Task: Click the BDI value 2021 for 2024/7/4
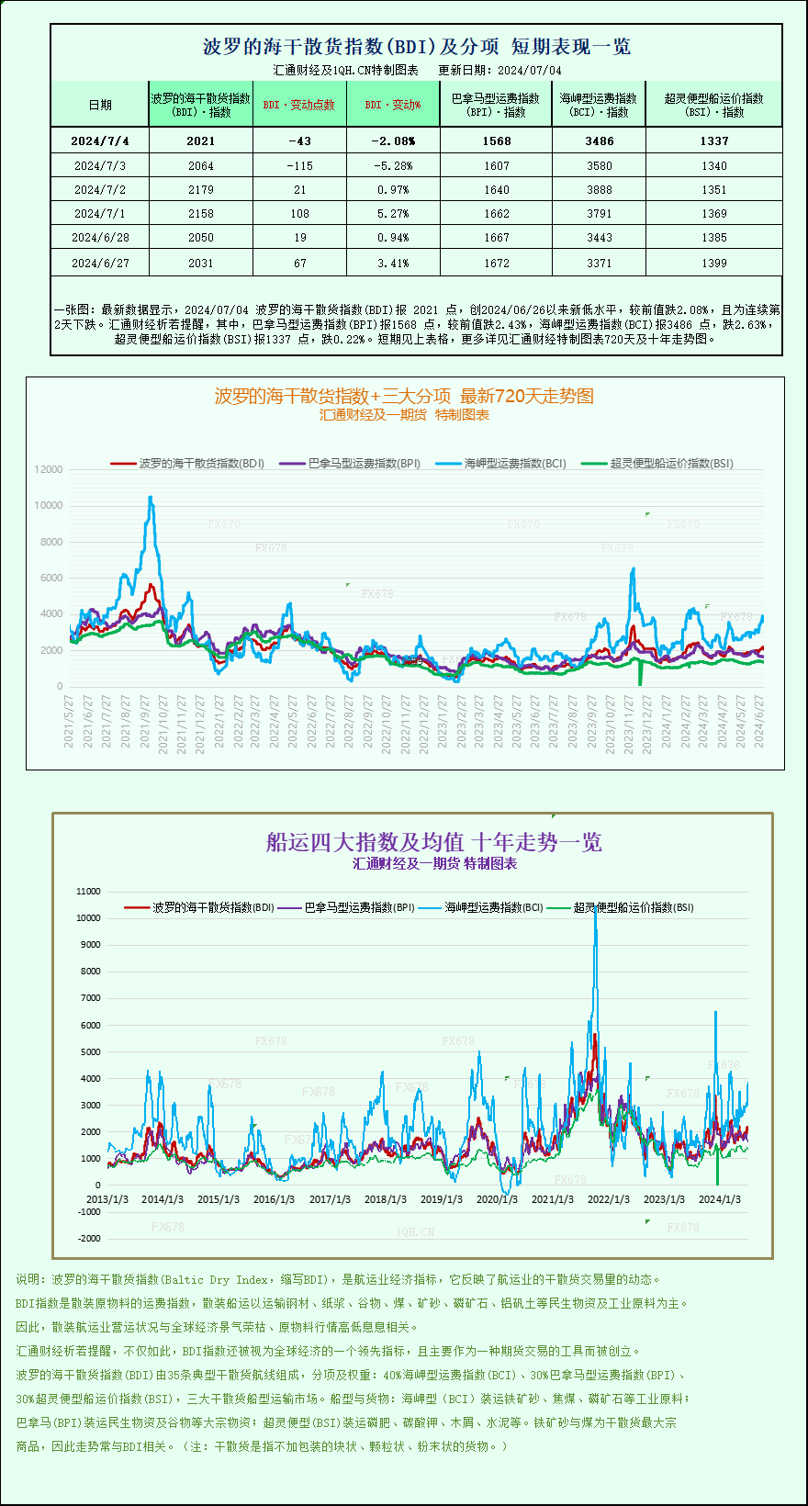pos(200,141)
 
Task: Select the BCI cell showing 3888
pos(599,190)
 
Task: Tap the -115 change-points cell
pos(299,166)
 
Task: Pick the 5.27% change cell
pos(393,214)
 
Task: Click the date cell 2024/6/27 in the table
pos(100,264)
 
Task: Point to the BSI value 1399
pos(713,264)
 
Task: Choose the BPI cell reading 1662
pos(496,214)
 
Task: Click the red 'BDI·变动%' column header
pos(393,105)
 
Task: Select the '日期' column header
pos(100,105)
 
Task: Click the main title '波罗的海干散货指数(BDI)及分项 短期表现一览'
pos(416,47)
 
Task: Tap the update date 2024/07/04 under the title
pos(530,71)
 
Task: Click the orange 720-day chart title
pos(404,396)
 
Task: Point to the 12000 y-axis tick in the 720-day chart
pos(49,469)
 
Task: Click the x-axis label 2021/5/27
pos(69,722)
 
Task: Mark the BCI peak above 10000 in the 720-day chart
pos(151,498)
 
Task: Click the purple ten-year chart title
pos(433,842)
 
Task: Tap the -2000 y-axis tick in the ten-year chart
pos(89,1239)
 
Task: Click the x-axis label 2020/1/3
pos(497,1199)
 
